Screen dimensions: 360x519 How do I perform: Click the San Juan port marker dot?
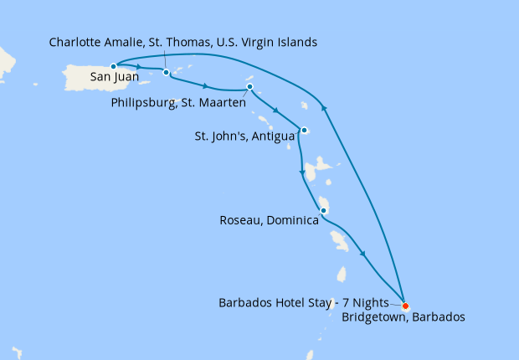(113, 65)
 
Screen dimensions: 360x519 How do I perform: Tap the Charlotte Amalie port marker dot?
(167, 72)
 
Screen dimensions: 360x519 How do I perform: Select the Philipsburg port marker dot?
(249, 87)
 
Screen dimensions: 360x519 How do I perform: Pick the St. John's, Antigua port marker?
(304, 130)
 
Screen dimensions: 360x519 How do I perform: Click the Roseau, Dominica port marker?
(323, 209)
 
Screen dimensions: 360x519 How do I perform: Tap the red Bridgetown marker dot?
(405, 305)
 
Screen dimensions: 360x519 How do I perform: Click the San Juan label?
(115, 80)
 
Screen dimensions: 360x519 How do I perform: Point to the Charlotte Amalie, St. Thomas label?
(183, 42)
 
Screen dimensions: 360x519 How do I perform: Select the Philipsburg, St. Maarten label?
(177, 103)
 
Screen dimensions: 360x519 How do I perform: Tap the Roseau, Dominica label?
(270, 221)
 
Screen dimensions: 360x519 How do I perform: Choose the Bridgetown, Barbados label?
(403, 317)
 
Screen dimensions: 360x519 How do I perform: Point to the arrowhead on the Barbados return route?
(324, 106)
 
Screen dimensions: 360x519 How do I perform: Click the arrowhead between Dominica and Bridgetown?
(363, 254)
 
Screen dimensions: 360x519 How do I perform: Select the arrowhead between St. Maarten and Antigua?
(275, 109)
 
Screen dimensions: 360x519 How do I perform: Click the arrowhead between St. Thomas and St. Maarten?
(205, 84)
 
